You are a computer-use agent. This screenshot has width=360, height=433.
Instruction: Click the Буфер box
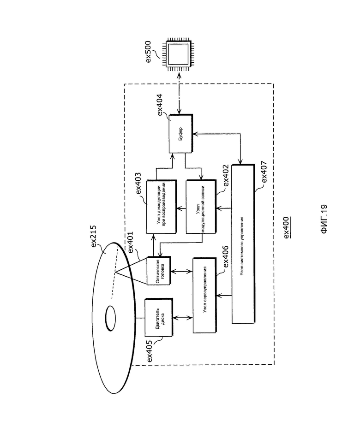181,134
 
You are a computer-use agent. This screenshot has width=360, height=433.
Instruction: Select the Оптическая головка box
159,271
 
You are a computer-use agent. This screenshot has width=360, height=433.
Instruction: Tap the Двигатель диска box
159,317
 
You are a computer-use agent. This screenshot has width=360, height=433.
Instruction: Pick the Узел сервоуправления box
204,296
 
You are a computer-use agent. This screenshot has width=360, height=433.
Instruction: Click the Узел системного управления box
243,244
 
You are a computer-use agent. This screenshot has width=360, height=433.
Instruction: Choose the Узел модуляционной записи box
201,207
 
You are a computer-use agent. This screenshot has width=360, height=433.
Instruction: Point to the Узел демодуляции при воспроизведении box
161,207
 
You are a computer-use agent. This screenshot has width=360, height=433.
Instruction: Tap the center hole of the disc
110,318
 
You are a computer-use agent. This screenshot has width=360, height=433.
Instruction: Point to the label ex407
264,171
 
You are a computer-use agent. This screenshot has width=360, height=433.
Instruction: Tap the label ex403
138,184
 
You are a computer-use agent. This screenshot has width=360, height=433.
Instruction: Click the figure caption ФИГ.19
324,219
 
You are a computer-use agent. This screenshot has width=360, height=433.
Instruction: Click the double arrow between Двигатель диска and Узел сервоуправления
183,318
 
